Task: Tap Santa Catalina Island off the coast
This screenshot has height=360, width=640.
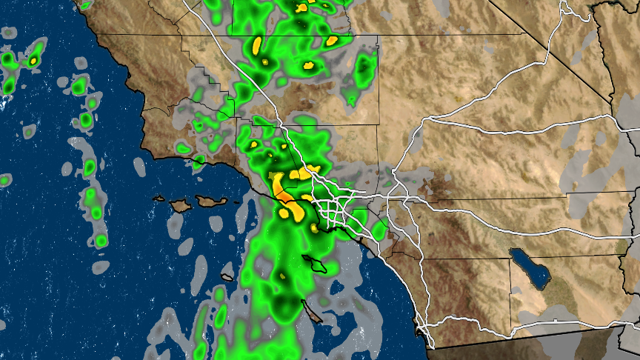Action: (x=314, y=262)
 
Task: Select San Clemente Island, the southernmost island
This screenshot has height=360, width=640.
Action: (x=312, y=310)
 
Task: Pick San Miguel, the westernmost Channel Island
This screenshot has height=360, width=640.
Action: (x=158, y=198)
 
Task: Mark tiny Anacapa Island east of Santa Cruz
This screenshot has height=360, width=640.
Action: (x=232, y=198)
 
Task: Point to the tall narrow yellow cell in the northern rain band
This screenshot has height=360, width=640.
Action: (x=257, y=45)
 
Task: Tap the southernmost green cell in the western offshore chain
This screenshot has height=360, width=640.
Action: (x=101, y=240)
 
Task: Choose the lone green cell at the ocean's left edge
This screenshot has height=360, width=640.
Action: (x=5, y=180)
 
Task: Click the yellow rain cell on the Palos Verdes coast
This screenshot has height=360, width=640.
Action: (x=315, y=227)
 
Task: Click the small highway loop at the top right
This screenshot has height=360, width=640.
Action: (x=566, y=11)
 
